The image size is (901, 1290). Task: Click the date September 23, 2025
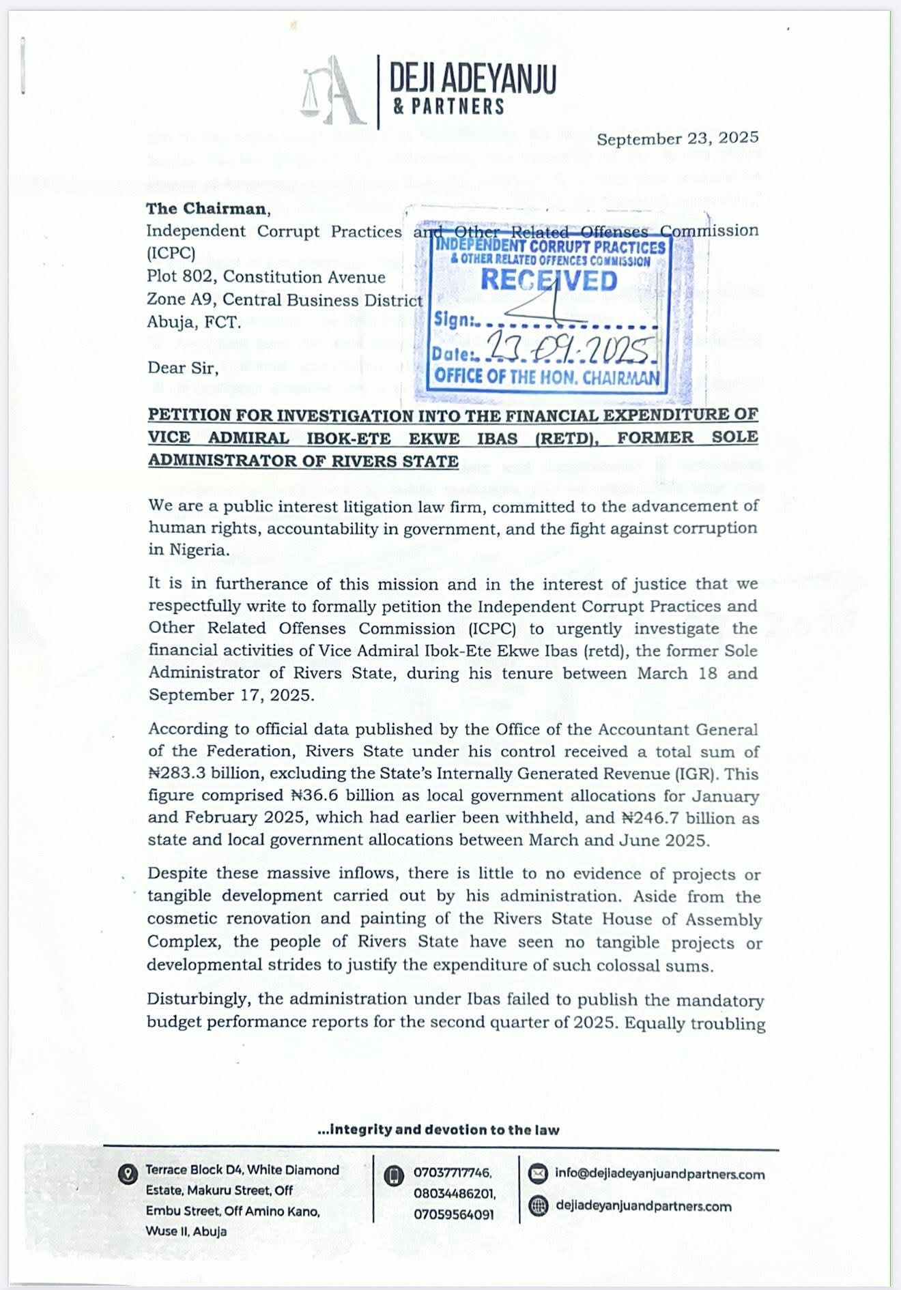[677, 138]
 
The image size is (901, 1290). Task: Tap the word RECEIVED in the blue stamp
[549, 280]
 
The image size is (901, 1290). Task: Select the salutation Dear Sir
[183, 368]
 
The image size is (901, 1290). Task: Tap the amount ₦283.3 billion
[208, 774]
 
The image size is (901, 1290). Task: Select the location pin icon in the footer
[127, 1174]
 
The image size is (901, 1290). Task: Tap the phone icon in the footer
[393, 1175]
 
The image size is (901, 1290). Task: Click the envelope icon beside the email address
[539, 1173]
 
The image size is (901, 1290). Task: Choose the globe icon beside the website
[539, 1206]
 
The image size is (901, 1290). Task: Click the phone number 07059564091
[453, 1215]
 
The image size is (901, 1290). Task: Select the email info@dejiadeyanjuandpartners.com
[659, 1174]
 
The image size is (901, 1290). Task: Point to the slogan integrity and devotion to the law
[438, 1130]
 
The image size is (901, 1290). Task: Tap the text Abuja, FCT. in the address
[194, 322]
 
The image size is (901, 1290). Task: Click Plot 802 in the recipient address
[180, 277]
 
